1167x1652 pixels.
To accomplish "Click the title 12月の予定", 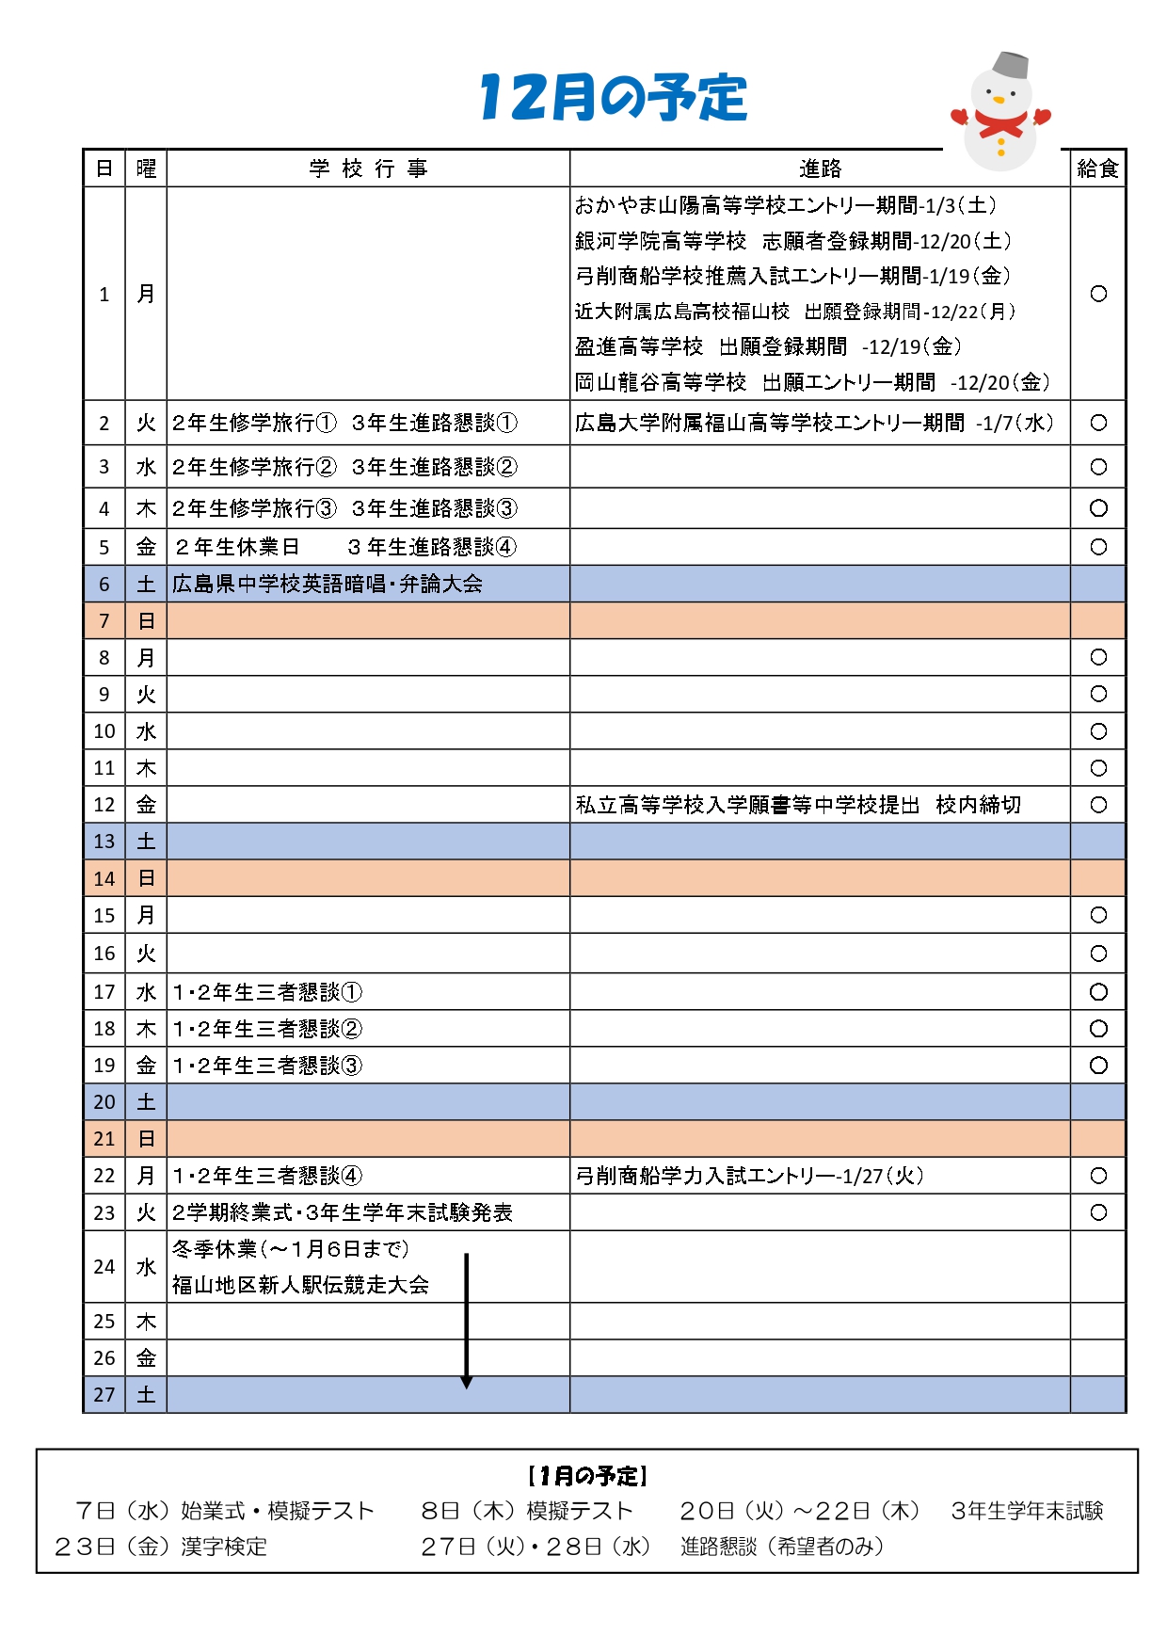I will (x=613, y=97).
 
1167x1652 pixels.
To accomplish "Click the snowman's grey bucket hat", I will (x=1011, y=65).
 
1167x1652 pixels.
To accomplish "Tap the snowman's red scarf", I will (x=1000, y=123).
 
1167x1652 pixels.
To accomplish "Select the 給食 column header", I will (x=1097, y=168).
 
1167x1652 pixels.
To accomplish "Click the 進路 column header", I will (x=820, y=168).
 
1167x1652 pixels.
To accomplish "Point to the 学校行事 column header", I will (x=368, y=168).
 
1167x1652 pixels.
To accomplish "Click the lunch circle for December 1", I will (x=1098, y=294).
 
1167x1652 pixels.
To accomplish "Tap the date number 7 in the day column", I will (x=104, y=621).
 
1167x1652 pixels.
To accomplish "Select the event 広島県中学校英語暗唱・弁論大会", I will (x=327, y=585).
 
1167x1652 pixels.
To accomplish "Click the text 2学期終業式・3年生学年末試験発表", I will (x=343, y=1212).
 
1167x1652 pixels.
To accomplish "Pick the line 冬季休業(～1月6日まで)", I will (x=291, y=1249).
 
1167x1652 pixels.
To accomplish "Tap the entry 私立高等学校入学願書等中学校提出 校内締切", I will (x=798, y=805).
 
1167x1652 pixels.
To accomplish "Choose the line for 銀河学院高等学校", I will (x=793, y=241).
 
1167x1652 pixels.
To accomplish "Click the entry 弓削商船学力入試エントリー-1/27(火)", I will (x=749, y=1176).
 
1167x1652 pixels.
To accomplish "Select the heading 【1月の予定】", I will (x=587, y=1475).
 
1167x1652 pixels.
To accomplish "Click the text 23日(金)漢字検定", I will (x=161, y=1547).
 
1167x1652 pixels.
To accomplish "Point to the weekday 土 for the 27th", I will (x=146, y=1395).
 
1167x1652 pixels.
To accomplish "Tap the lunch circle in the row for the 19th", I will (x=1098, y=1066).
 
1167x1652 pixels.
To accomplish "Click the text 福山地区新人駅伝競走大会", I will (x=300, y=1285).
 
